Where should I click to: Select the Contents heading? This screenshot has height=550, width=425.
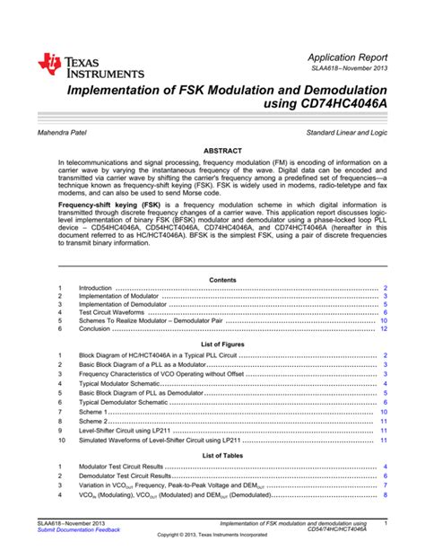222,280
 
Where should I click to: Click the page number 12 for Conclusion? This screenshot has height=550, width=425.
384,329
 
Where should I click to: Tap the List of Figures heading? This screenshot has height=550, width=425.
222,345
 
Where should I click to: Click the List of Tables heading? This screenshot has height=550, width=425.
222,457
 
